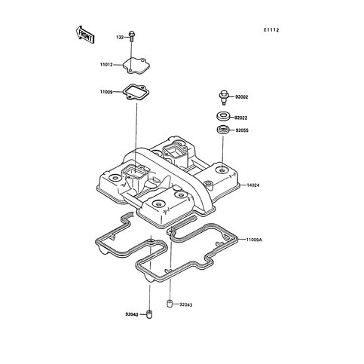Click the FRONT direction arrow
pos(85,34)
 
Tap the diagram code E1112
pos(271,30)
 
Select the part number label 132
pos(120,38)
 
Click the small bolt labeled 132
pos(131,36)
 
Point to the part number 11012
pos(106,65)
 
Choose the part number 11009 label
pos(106,92)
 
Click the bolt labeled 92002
pos(223,96)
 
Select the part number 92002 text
pos(241,97)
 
